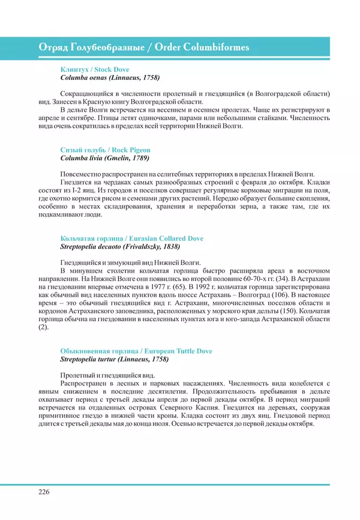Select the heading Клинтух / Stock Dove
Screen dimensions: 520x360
(x=95, y=70)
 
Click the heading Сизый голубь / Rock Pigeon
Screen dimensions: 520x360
(x=106, y=150)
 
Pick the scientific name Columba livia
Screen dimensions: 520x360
(x=83, y=158)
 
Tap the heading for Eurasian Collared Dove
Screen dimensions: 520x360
(x=132, y=238)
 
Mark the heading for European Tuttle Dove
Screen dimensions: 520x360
(x=136, y=351)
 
